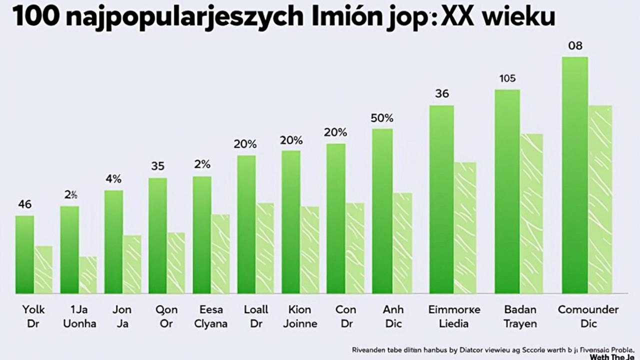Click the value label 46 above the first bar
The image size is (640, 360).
[x=25, y=204]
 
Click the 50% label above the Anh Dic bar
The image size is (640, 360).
[x=382, y=118]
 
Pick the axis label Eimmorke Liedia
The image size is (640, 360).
[x=454, y=316]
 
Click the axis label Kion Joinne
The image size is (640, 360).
[x=300, y=316]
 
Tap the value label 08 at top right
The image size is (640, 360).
[x=575, y=46]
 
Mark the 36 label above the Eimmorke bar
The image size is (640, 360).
[x=442, y=93]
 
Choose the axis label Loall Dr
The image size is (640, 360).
[x=256, y=316]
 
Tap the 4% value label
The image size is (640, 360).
[x=113, y=179]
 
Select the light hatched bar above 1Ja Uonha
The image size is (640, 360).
[x=88, y=274]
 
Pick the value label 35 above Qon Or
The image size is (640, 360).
[x=157, y=166]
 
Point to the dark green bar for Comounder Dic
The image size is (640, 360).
[x=575, y=174]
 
